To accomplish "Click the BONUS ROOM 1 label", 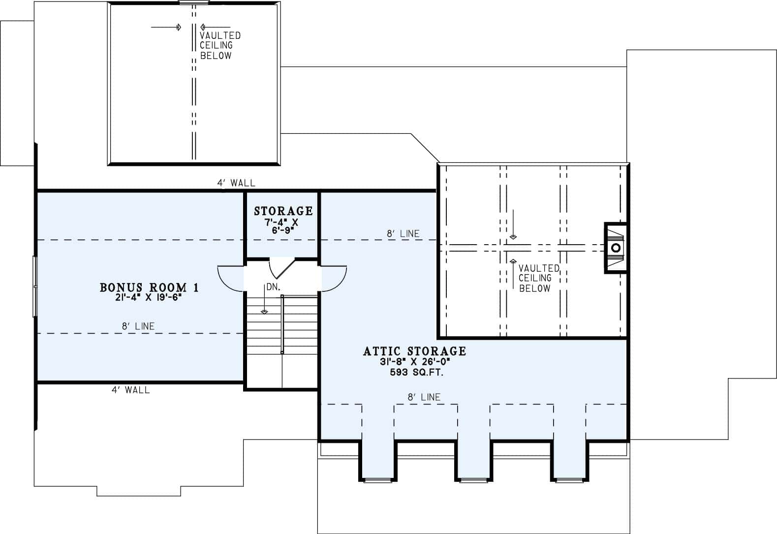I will click(x=149, y=287).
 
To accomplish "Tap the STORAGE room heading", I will click(x=283, y=211).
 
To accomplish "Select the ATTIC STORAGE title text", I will click(x=414, y=351).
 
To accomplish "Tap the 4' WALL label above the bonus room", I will click(x=236, y=183).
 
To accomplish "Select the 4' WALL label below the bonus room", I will click(x=130, y=390).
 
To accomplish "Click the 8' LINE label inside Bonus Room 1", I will click(x=138, y=326).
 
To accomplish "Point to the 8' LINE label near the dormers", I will click(x=424, y=397).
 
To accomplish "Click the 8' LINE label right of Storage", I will click(x=403, y=234).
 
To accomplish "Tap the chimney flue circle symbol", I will click(x=616, y=248).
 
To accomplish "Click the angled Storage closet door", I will click(x=284, y=269).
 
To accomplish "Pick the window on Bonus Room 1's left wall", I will click(x=35, y=285).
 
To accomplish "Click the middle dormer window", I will click(x=472, y=479).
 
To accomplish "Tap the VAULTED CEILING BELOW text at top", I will click(x=219, y=45).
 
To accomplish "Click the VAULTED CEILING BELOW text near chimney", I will click(x=538, y=278).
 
